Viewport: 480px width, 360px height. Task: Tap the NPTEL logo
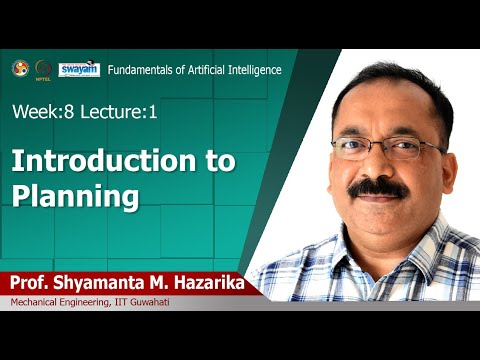(x=42, y=68)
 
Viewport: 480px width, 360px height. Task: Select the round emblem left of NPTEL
(x=18, y=67)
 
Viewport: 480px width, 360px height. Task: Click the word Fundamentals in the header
(x=142, y=69)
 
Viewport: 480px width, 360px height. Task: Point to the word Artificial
(x=208, y=69)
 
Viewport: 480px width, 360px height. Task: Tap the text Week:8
(x=39, y=112)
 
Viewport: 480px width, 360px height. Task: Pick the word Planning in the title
(x=75, y=196)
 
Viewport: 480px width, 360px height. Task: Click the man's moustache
(x=376, y=186)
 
